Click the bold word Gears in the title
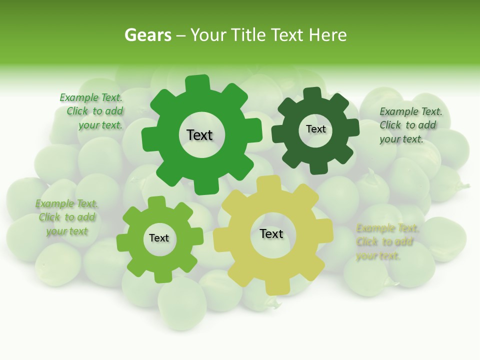click(147, 35)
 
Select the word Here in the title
click(328, 35)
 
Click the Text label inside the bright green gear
click(199, 135)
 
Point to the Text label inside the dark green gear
click(315, 129)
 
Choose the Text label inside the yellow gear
click(271, 233)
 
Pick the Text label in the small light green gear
click(159, 238)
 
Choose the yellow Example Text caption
click(386, 242)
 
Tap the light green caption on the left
click(67, 217)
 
